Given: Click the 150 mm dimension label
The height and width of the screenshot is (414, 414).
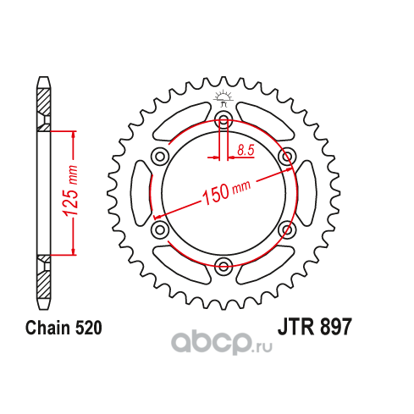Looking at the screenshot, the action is tap(226, 192).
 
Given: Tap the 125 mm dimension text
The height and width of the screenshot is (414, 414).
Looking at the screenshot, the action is tap(70, 191).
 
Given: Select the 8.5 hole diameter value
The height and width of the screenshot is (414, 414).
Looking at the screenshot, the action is tap(246, 150).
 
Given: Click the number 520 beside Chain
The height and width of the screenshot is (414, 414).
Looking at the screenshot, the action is tap(88, 328).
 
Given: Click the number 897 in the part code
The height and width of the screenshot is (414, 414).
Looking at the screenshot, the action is tap(336, 327).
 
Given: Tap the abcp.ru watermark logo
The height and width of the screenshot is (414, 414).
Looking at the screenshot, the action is tap(222, 343).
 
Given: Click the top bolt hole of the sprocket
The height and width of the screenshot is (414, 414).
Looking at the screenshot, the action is tap(224, 119).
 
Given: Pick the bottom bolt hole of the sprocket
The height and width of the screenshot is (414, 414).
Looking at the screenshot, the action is tap(224, 266).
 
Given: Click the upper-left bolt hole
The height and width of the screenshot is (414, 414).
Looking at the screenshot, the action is tap(160, 156).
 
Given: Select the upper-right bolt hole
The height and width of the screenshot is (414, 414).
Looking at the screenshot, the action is tap(287, 156).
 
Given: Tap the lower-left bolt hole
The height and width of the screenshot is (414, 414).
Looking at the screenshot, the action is tap(160, 229).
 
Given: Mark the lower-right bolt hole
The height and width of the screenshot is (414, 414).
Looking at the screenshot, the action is tap(287, 229).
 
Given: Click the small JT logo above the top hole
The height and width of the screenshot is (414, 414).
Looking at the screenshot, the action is tap(224, 98).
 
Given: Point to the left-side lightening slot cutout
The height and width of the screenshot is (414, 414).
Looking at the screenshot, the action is tap(141, 193).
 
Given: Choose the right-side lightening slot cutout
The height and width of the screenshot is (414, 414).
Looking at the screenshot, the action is tap(306, 193).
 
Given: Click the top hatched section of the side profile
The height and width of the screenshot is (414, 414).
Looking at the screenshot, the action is tap(44, 109).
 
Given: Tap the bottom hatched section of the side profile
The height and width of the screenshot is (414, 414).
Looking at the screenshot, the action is tap(44, 277).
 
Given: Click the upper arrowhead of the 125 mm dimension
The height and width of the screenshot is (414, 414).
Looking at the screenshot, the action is tap(74, 136).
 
